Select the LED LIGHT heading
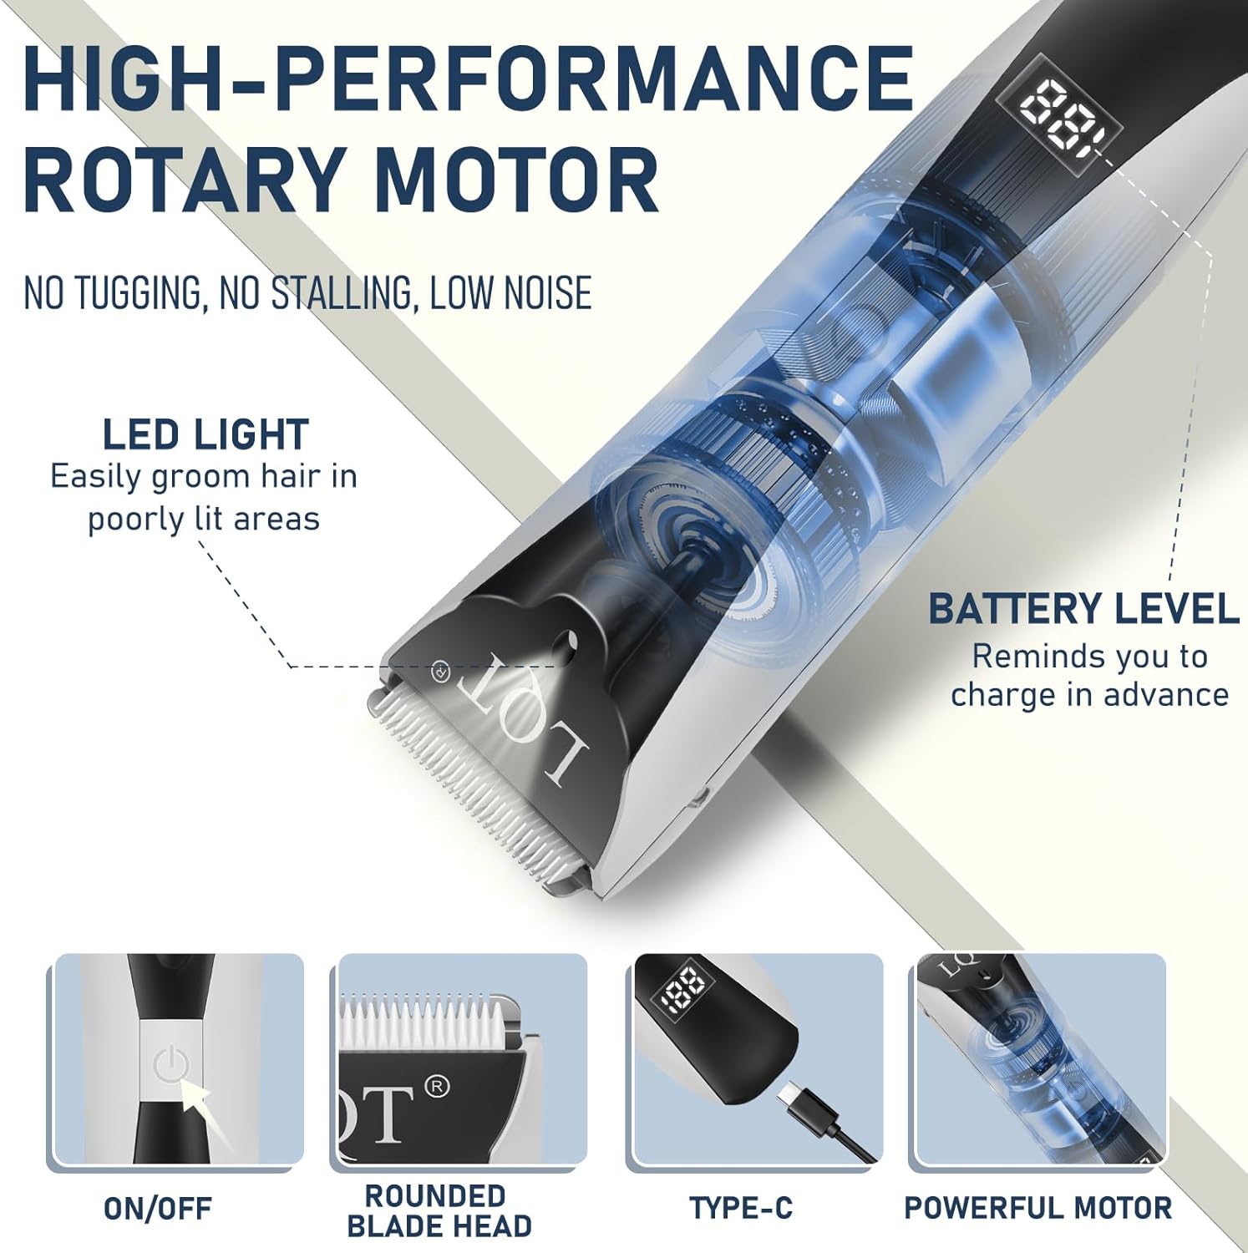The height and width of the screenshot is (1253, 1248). pos(205,435)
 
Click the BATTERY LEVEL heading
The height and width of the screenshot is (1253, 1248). pos(1084,609)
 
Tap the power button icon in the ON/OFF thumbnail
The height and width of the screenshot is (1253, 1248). pos(171,1068)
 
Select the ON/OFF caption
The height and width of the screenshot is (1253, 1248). pos(158,1208)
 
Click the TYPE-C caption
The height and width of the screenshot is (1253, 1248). pos(741,1208)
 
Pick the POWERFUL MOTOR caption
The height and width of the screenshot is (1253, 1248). pos(1038,1208)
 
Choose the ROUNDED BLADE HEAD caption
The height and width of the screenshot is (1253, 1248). pos(439,1211)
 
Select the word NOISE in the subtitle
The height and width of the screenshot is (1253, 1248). pos(551,292)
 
